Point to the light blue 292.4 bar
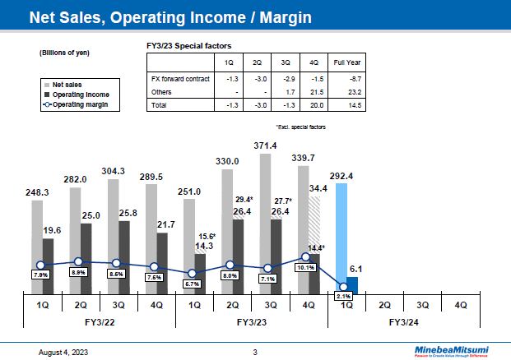pos(341,238)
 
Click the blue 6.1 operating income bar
pos(351,285)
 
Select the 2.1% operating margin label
pos(343,296)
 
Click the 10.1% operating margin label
pos(305,266)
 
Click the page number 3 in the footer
pos(255,352)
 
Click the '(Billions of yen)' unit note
pos(64,53)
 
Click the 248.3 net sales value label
pos(36,192)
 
